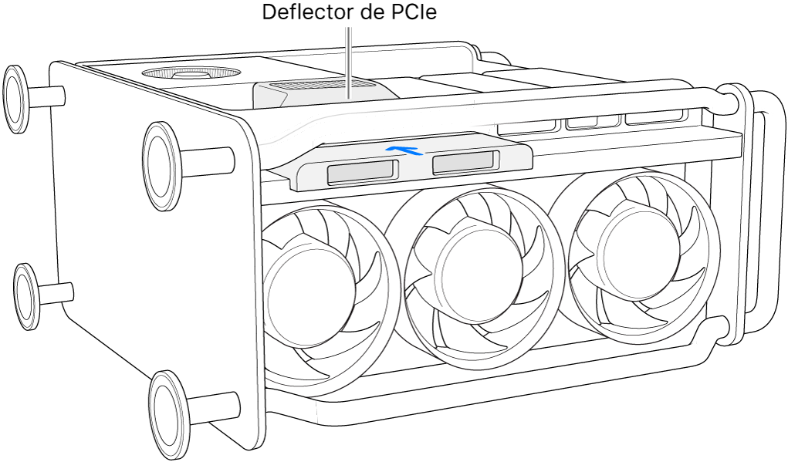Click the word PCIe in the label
(415, 13)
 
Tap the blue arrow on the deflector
(405, 149)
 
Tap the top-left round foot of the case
(17, 99)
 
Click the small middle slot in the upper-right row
(591, 122)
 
